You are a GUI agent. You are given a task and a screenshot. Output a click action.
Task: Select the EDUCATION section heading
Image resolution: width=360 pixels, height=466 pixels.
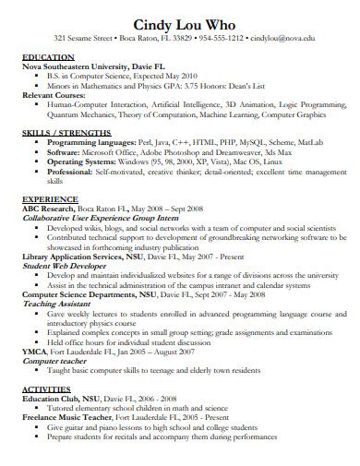point(49,58)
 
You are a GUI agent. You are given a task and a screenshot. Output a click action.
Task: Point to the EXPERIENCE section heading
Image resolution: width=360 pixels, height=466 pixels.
point(51,199)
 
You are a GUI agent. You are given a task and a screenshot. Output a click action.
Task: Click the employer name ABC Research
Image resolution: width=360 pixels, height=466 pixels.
point(48,209)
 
